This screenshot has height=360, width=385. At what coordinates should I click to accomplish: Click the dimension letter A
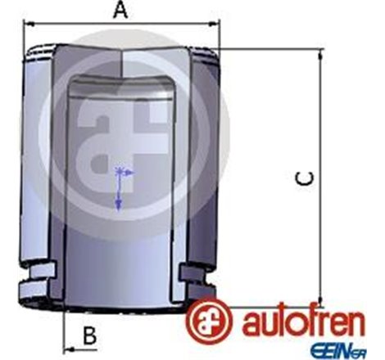[120, 11]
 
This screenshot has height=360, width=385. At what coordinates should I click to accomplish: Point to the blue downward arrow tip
[120, 205]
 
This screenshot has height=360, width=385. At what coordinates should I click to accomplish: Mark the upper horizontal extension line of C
[270, 48]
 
